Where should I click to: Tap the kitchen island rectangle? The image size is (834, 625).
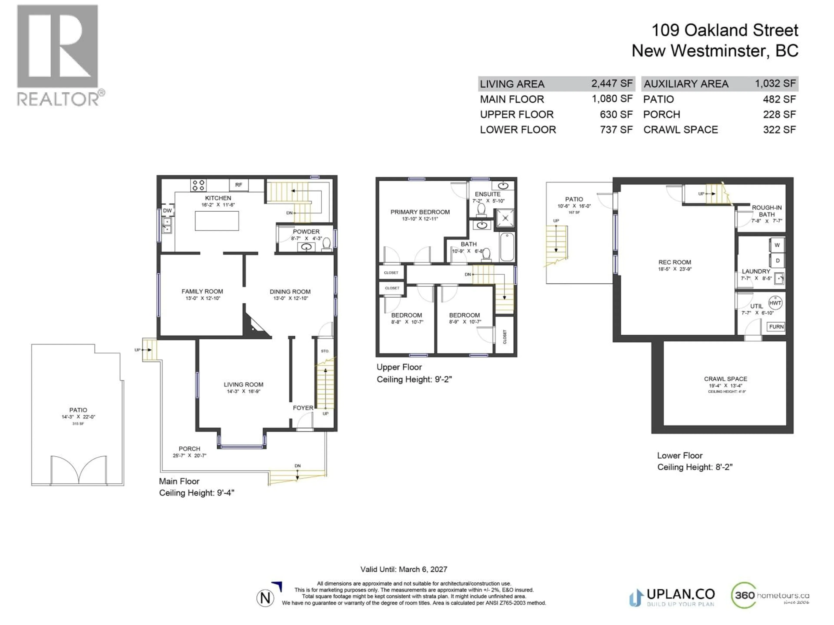click(217, 221)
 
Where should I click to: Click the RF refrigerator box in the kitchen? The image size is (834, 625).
click(239, 185)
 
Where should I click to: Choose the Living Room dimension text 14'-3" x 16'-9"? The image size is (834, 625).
click(243, 391)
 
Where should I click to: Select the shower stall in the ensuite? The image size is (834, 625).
click(505, 218)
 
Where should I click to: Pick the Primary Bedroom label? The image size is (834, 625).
click(420, 212)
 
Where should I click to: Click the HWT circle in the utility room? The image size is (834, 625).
click(775, 303)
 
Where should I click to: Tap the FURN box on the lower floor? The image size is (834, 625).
click(776, 327)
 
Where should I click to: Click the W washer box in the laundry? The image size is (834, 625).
click(777, 245)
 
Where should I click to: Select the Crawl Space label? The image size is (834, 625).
click(725, 379)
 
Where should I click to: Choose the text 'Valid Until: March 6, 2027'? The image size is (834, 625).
click(404, 569)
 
